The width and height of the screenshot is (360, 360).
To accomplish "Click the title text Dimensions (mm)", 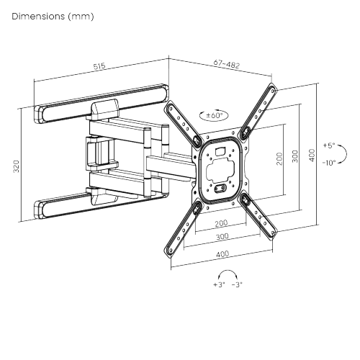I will click(53, 15).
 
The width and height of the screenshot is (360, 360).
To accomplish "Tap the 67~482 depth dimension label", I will click(227, 64).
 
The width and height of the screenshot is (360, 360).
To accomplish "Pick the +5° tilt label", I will click(329, 145).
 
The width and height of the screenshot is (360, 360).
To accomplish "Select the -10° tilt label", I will click(329, 163).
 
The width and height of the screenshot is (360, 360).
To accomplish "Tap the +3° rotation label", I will click(219, 284).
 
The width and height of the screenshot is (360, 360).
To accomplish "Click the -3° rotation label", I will click(237, 284).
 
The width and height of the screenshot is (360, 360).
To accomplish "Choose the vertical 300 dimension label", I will click(295, 157).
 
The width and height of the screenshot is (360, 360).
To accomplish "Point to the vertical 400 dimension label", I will click(312, 155).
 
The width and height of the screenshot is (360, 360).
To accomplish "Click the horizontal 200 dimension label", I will click(221, 223).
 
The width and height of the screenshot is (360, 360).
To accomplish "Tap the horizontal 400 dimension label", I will click(221, 253).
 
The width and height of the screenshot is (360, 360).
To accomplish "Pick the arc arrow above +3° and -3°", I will click(228, 274).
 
